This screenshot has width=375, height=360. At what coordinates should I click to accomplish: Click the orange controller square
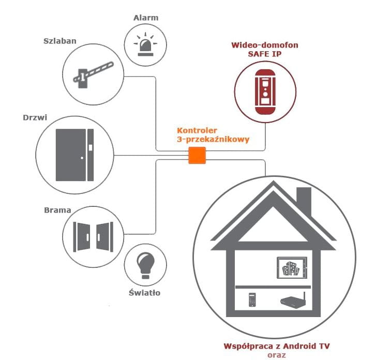click(x=197, y=156)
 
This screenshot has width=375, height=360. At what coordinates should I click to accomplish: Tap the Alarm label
click(x=145, y=18)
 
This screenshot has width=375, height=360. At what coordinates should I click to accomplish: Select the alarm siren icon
click(x=145, y=46)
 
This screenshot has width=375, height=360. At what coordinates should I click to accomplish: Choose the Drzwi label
click(x=36, y=117)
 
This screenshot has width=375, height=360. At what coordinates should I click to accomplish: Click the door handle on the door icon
click(x=82, y=157)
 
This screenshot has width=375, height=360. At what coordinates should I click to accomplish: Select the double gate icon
click(x=94, y=235)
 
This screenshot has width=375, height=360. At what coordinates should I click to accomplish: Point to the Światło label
click(x=144, y=293)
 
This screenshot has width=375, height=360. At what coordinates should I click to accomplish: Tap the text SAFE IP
click(x=264, y=54)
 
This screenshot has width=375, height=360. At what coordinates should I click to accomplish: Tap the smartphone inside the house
click(x=252, y=299)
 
